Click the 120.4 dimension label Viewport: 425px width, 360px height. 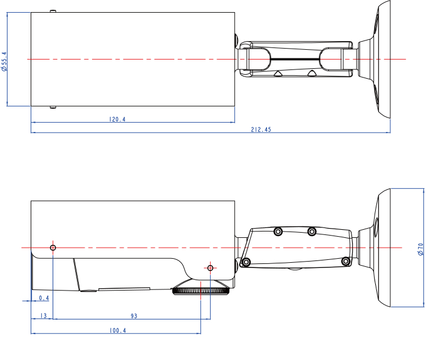[118, 120]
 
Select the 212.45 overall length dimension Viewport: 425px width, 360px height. [261, 130]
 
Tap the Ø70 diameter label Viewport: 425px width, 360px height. [420, 249]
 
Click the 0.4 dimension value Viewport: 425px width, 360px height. [43, 298]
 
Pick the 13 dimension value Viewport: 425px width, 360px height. [42, 316]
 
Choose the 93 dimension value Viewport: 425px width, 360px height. [134, 316]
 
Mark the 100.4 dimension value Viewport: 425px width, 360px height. [118, 330]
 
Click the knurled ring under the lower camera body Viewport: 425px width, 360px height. [201, 290]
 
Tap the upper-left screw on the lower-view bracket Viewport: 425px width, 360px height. [278, 232]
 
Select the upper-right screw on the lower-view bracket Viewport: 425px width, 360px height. [312, 232]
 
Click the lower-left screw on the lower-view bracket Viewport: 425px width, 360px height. [247, 262]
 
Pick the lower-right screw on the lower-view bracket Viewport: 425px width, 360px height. [346, 261]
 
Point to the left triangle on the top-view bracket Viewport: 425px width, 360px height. [279, 74]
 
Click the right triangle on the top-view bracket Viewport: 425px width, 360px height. [312, 74]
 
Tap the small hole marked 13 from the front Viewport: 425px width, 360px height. [53, 248]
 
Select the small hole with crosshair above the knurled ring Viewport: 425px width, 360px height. [210, 267]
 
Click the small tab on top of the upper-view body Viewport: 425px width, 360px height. [53, 11]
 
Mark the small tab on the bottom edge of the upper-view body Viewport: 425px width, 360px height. [53, 107]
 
